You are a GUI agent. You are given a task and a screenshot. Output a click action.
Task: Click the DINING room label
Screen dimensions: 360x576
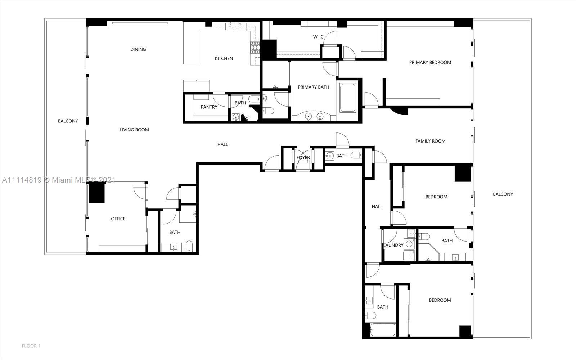pos(138,49)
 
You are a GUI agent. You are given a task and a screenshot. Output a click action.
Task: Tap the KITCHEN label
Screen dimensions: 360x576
pos(224,58)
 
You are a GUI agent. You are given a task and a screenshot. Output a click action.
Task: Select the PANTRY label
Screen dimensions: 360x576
pos(209,107)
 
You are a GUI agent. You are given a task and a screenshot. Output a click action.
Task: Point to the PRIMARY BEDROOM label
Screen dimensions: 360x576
pos(430,62)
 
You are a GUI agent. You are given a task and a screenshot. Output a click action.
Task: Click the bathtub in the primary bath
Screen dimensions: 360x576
pos(348,98)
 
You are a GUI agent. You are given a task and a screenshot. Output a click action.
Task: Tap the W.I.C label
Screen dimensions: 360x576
pos(318,37)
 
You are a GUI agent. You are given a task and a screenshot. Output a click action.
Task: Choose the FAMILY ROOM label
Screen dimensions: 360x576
pos(430,141)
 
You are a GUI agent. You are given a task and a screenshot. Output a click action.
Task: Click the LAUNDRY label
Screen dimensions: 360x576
pos(393,245)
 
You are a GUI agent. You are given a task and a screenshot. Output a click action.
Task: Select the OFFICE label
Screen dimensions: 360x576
pos(118,219)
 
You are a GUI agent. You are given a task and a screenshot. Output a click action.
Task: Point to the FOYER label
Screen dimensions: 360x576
pos(303,157)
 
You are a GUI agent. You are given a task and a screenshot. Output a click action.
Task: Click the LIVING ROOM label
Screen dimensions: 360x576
pos(134,130)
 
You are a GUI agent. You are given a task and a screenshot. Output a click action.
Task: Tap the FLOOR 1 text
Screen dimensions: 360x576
pos(31,346)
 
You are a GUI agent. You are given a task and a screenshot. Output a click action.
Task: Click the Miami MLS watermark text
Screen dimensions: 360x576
pos(58,180)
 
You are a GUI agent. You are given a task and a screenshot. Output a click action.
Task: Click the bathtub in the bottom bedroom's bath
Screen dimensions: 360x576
pos(383,330)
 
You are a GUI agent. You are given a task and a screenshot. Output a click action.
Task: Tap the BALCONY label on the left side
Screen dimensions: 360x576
pos(68,121)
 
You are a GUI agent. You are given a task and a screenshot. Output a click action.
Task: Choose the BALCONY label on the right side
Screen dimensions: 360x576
pos(503,194)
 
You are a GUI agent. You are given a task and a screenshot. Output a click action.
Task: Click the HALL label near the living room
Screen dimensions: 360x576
pos(222,144)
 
